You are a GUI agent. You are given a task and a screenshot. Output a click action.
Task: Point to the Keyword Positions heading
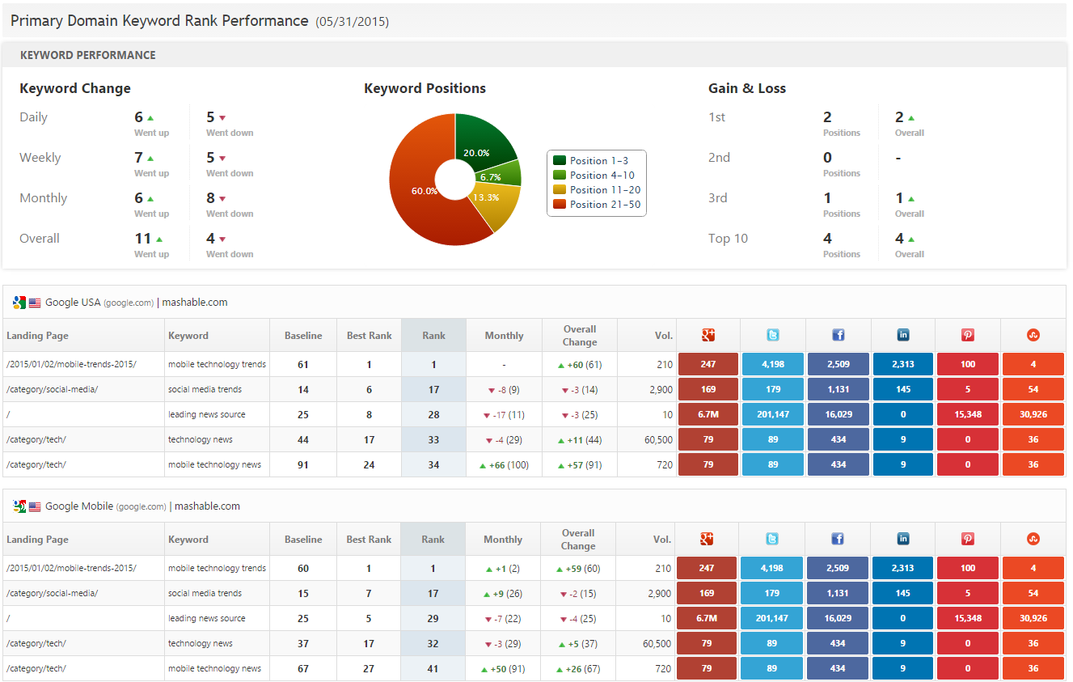coord(425,88)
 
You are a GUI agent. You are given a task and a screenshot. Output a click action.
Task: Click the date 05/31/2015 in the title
coord(352,22)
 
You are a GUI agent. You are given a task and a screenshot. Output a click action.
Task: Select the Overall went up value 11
coord(143,239)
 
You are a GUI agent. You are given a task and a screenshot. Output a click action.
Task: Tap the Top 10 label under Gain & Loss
coord(728,239)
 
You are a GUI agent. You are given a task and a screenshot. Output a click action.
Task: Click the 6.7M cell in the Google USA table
coord(708,414)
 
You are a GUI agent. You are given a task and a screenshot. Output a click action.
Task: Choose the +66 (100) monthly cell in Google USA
coord(504,464)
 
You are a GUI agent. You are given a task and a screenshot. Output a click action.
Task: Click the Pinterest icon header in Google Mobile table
coord(968,539)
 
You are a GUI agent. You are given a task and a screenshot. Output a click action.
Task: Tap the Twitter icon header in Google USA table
coord(773,335)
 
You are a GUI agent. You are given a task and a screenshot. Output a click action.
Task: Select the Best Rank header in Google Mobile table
coord(369,539)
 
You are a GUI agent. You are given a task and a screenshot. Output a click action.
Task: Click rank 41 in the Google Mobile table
coord(433,668)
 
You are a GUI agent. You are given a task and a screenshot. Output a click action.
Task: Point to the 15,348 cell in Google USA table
coord(968,414)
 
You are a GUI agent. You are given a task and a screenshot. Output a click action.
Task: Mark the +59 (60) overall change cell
coord(578,568)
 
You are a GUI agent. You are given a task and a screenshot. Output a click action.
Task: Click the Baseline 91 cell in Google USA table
coord(303,464)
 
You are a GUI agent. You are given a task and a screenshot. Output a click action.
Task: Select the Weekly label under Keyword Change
coord(40,158)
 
